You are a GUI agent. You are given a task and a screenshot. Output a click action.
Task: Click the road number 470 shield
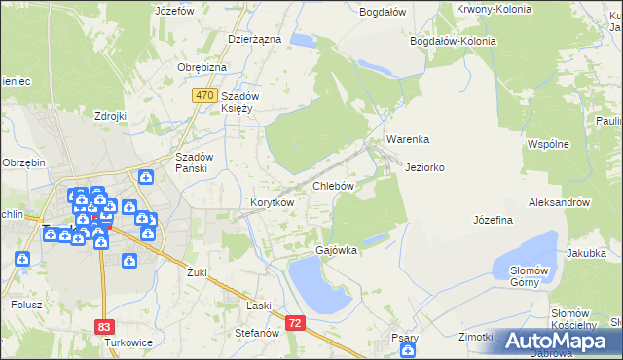(203, 94)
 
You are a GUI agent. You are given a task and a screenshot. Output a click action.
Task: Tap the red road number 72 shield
(296, 321)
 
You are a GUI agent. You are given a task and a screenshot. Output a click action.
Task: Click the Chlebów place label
(332, 185)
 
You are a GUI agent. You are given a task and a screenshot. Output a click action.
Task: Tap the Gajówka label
(336, 250)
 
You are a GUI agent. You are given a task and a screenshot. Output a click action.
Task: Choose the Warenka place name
(406, 139)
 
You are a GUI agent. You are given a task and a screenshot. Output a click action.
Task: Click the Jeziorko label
(424, 167)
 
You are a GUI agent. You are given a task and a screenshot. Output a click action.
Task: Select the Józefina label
(493, 220)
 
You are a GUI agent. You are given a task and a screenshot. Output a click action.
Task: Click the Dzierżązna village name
(254, 39)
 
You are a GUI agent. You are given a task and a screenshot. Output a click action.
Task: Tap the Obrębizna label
(202, 67)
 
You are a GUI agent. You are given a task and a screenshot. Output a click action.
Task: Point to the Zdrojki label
(111, 116)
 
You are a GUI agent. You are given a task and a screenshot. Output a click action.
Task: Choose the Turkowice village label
(123, 342)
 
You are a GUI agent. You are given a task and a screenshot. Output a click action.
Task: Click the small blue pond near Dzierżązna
(303, 41)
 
